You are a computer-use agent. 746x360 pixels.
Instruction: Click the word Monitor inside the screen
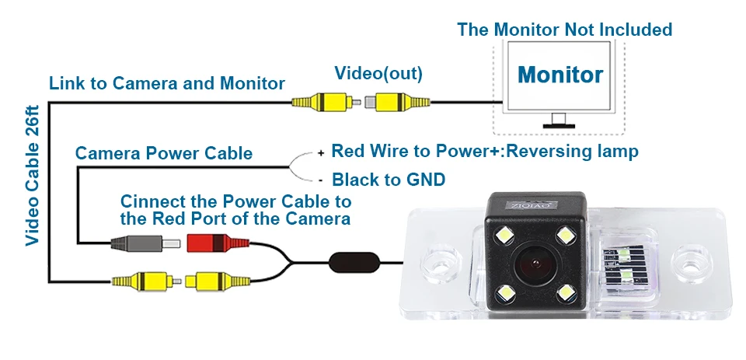[x=560, y=75]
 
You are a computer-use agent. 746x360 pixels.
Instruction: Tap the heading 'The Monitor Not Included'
[x=564, y=30]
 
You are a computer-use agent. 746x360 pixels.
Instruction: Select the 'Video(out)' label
[x=378, y=73]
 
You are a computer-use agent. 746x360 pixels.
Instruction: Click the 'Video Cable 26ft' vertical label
[x=33, y=176]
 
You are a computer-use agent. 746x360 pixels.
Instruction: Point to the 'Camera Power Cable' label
[x=164, y=153]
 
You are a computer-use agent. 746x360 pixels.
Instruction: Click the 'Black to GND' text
[x=389, y=180]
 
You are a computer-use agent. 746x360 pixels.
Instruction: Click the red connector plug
[x=218, y=243]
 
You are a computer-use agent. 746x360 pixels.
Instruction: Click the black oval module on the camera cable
[x=355, y=263]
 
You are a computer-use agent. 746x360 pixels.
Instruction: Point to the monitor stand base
[x=559, y=126]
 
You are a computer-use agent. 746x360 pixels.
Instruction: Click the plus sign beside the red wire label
[x=321, y=153]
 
